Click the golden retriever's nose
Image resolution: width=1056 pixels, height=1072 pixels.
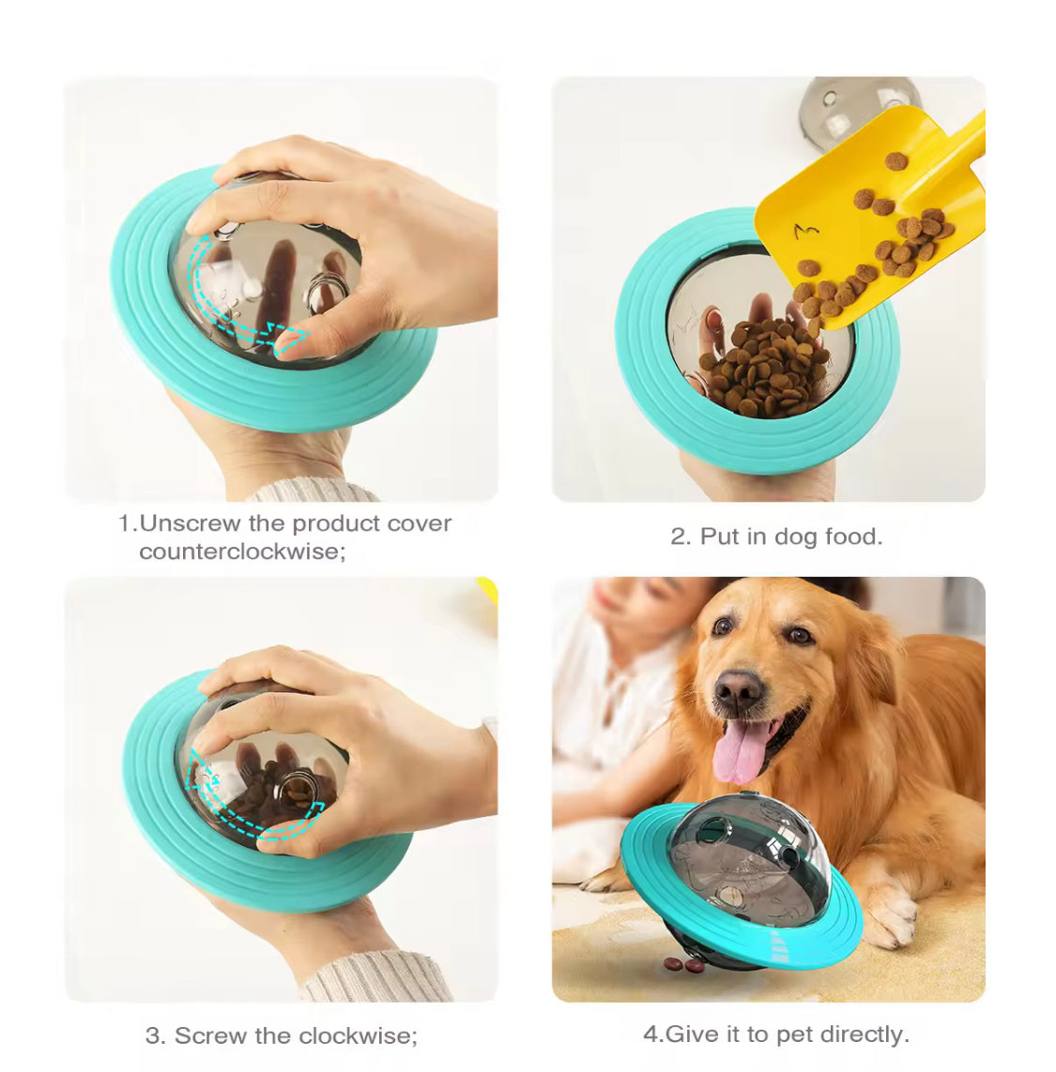tap(738, 689)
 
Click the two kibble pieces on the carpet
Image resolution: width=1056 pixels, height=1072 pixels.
tap(684, 964)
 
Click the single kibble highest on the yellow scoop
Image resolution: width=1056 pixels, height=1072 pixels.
tap(895, 162)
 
